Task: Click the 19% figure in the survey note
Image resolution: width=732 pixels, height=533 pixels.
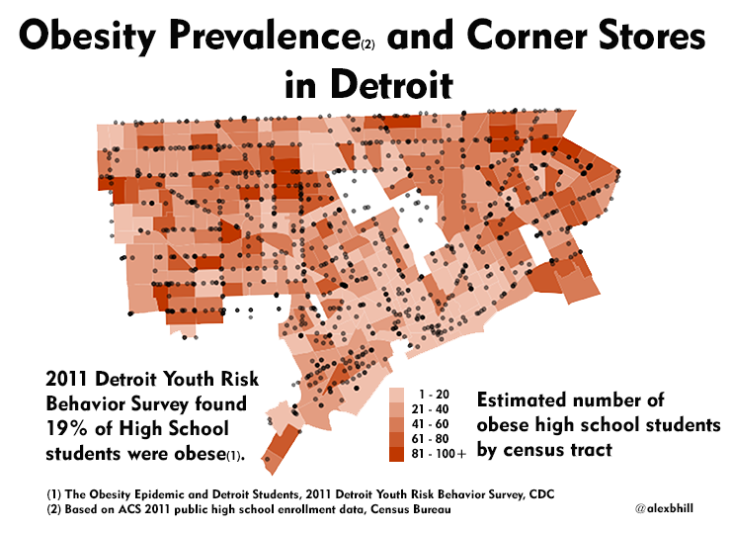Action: coord(70,428)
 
